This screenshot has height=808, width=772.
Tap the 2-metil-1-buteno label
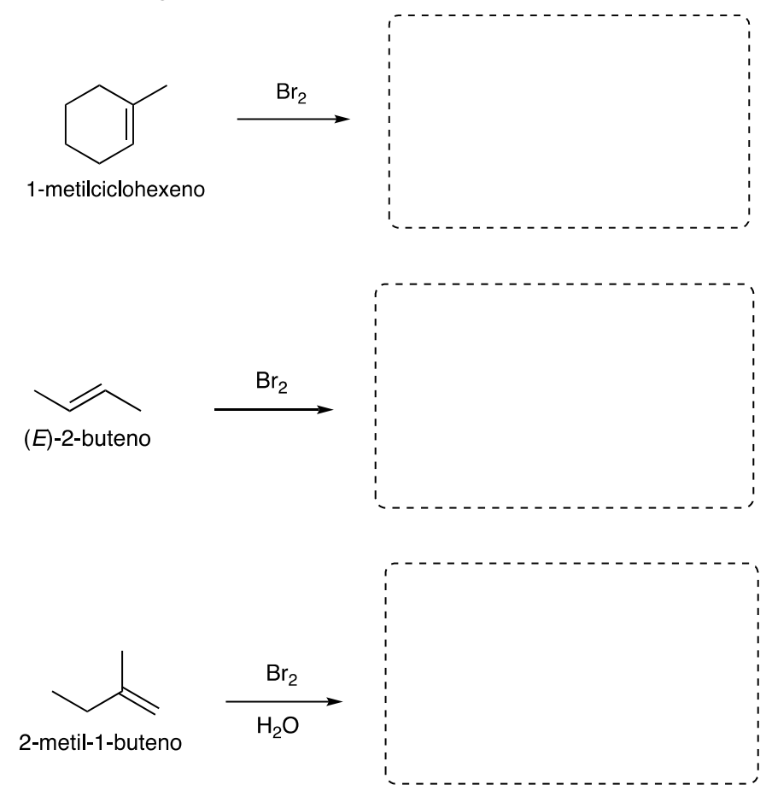click(x=100, y=741)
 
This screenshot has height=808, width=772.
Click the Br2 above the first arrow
click(x=291, y=94)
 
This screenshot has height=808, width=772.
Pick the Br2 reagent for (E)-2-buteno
click(x=272, y=384)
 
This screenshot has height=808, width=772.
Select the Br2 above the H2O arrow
click(x=283, y=676)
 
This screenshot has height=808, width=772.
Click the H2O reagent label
click(x=283, y=727)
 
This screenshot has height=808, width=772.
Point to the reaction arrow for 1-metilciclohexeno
click(x=293, y=120)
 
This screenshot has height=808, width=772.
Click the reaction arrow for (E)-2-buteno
click(x=273, y=410)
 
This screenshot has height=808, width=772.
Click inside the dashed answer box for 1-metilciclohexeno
click(x=570, y=121)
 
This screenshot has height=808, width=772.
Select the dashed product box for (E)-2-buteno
click(x=564, y=395)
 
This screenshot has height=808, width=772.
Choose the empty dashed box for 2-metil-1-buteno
click(x=571, y=673)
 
